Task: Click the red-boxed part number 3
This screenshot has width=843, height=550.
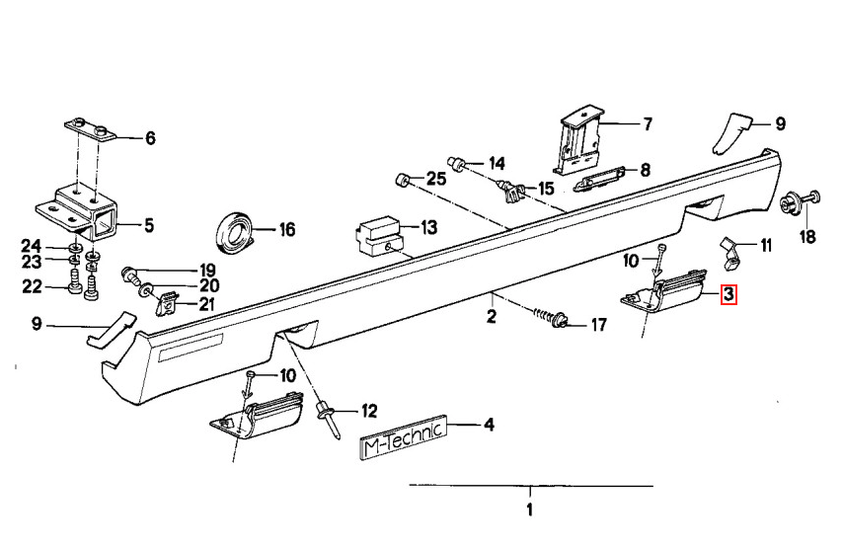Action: coord(728,294)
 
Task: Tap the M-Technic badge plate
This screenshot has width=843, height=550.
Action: coord(403,436)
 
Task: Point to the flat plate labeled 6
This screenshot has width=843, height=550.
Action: coord(91,129)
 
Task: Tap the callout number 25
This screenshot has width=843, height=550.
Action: coord(436,179)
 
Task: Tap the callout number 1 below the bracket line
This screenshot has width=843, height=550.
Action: coord(529,510)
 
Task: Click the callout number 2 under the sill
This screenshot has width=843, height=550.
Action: coord(491,316)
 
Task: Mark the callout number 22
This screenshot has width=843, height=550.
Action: coord(32,286)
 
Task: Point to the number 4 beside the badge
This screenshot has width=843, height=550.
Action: coord(489,425)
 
